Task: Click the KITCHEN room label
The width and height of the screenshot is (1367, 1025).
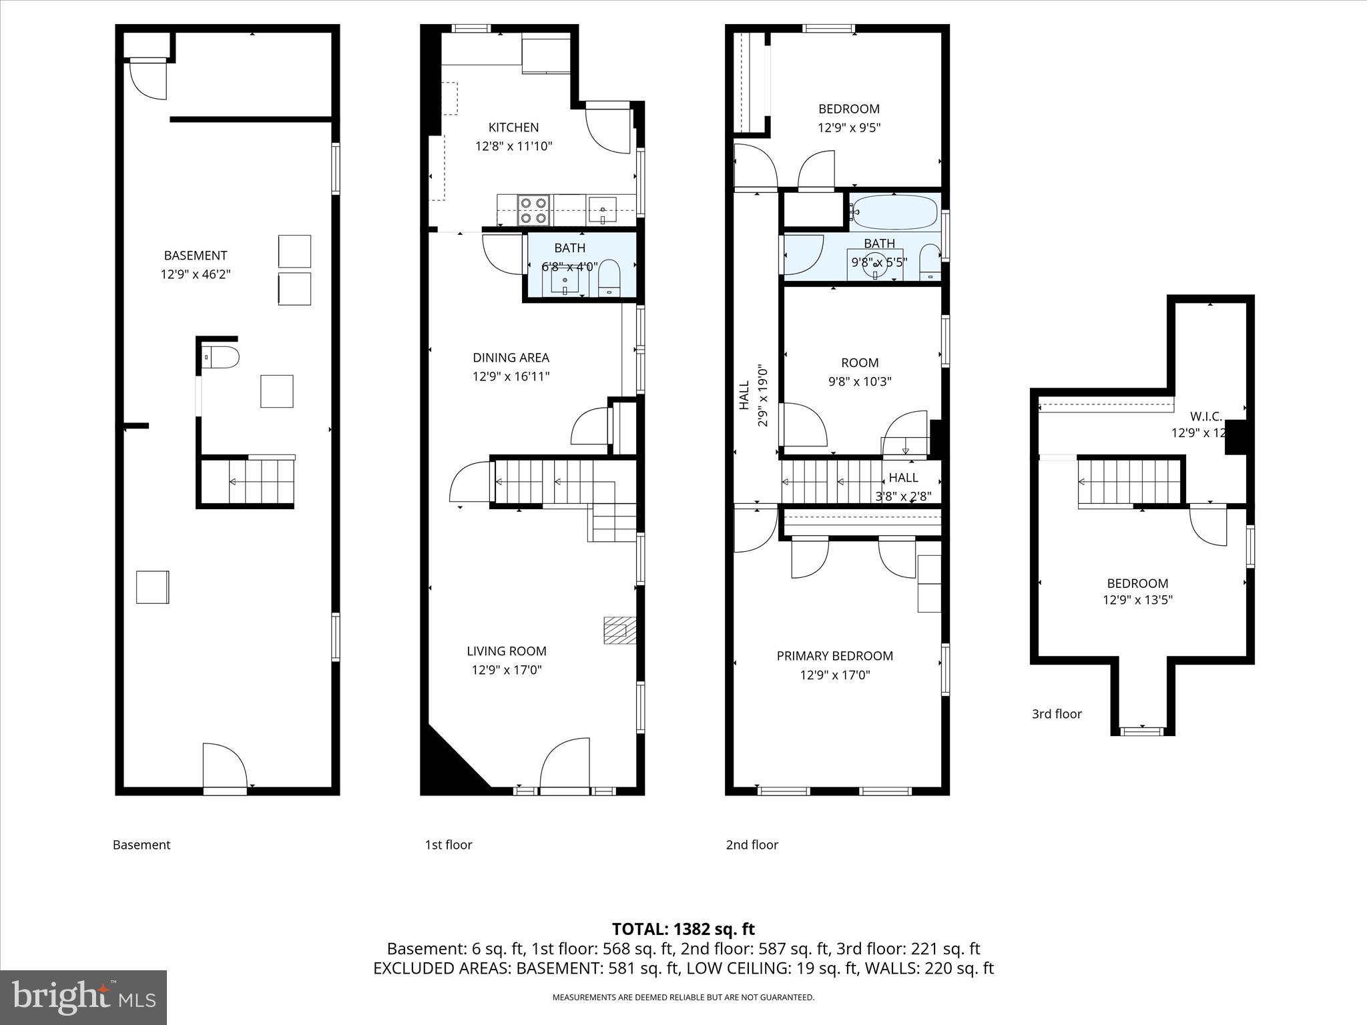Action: [x=513, y=127]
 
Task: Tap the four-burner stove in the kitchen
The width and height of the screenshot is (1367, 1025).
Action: [x=534, y=210]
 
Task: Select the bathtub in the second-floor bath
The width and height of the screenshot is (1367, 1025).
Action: [x=894, y=212]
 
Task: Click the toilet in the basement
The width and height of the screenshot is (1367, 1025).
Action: [x=221, y=358]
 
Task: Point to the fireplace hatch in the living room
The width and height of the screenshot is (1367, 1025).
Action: [x=619, y=630]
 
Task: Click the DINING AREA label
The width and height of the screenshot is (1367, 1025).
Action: [x=511, y=358]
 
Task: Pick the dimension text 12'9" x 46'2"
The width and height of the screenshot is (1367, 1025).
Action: [x=195, y=274]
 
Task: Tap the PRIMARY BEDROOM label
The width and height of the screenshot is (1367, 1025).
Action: [x=834, y=656]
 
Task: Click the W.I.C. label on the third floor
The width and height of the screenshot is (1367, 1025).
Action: [x=1205, y=416]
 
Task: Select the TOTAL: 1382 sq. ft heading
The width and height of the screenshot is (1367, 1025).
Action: [x=683, y=929]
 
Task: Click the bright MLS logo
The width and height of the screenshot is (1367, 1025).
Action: [x=83, y=998]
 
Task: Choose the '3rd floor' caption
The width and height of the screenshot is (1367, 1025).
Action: [x=1057, y=714]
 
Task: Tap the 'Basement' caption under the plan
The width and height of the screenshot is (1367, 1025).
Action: [x=142, y=845]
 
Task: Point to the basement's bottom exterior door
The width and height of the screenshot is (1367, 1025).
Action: [x=225, y=767]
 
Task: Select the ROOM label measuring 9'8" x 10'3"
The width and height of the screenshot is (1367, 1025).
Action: [x=859, y=363]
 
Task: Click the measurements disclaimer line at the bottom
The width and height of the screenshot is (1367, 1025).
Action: [x=683, y=998]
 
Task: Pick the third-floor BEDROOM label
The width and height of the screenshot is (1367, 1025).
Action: [x=1137, y=583]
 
